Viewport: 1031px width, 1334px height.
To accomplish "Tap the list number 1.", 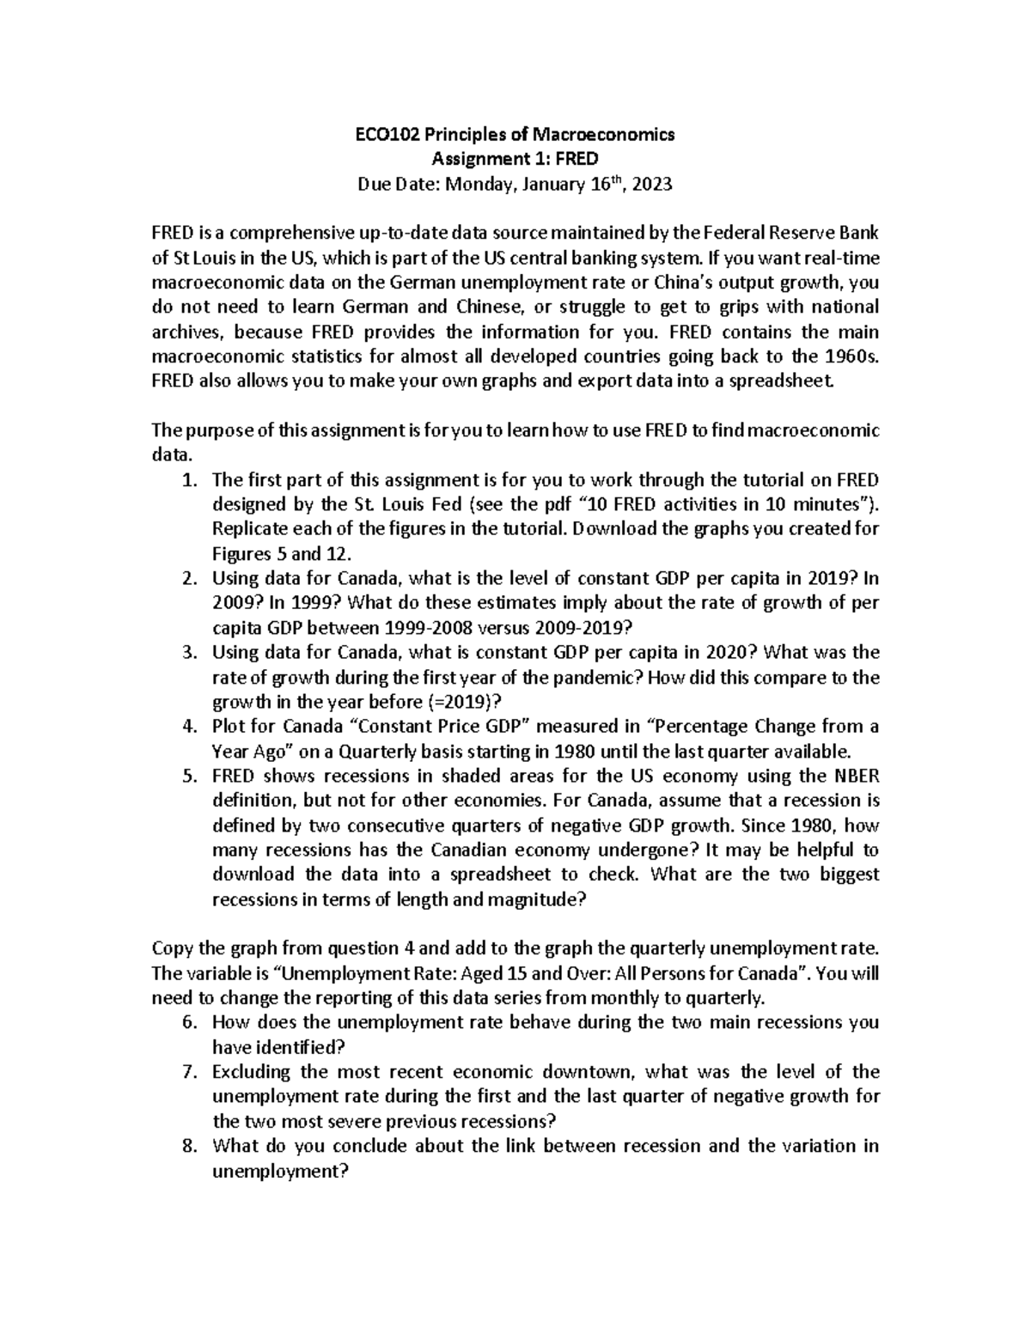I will click(x=189, y=479).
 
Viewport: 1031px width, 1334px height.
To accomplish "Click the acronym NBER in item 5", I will click(x=853, y=776).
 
